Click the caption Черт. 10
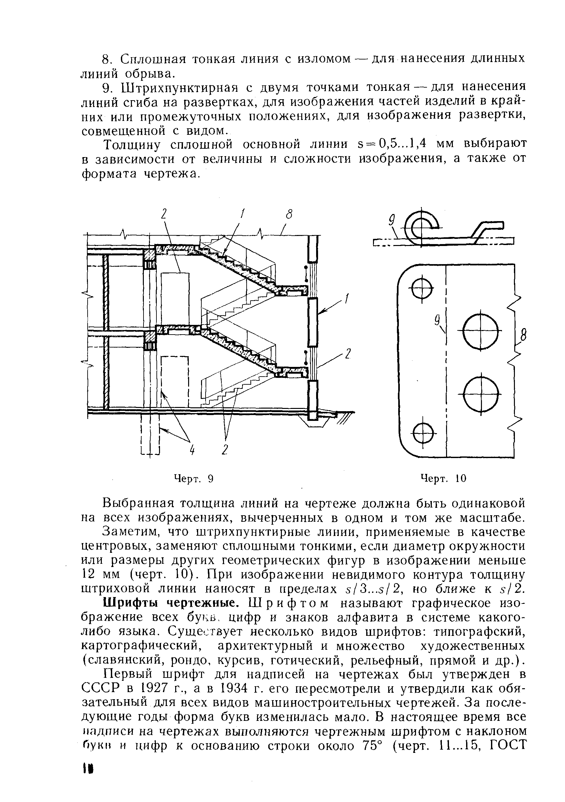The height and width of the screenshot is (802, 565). click(x=443, y=478)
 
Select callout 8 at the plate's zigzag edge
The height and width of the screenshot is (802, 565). click(x=523, y=336)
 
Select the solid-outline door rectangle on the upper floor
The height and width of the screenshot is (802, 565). click(x=175, y=300)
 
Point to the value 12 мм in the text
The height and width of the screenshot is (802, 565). click(x=101, y=575)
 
